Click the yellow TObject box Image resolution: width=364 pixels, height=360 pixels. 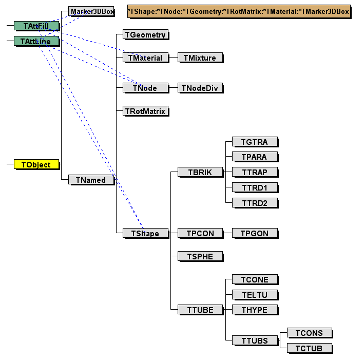(36, 164)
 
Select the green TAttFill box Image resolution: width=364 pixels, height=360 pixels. (36, 26)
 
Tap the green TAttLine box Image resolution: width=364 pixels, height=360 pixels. (36, 41)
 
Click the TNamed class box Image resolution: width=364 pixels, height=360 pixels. (91, 180)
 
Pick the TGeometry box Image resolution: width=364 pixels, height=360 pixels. (146, 35)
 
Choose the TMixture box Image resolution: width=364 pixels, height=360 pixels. (200, 58)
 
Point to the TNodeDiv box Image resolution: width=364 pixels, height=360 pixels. (200, 88)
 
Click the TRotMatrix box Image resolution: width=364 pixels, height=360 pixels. (146, 111)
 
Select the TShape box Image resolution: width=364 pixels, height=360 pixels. (145, 233)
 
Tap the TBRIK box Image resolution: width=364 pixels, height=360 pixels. (200, 172)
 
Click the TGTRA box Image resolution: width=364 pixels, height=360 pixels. (255, 142)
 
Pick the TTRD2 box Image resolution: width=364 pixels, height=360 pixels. (255, 203)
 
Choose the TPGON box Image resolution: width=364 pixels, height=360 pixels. (255, 233)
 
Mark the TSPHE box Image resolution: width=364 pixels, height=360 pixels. (200, 256)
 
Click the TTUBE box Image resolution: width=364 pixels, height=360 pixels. (200, 309)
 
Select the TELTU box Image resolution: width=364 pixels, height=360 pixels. (255, 295)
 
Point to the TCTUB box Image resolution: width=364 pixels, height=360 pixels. (309, 348)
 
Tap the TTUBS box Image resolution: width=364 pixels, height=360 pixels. (255, 340)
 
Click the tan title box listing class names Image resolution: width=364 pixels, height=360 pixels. (238, 11)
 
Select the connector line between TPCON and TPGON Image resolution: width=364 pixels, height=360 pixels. (227, 233)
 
